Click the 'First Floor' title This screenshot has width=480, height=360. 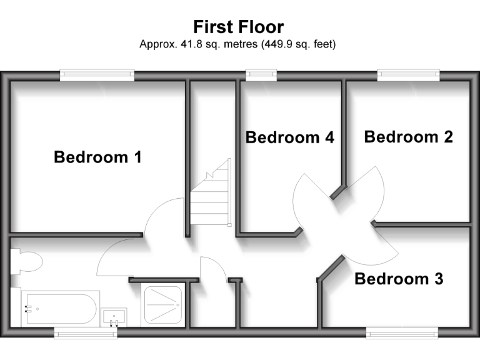point(238,27)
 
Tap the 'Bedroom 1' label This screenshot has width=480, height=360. point(97,157)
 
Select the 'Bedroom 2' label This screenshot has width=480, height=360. point(408,136)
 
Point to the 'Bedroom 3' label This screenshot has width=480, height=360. point(399,279)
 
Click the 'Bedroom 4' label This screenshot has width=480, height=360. point(290,137)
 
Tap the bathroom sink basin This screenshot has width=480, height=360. point(113,316)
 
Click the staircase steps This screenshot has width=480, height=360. point(210,194)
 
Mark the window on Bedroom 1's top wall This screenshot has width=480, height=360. point(97,75)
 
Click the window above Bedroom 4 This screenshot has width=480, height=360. point(261,75)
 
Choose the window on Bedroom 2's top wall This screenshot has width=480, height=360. point(409,75)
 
